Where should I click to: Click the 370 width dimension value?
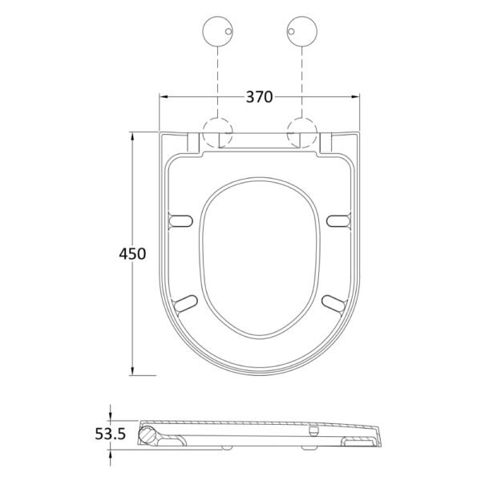(259, 97)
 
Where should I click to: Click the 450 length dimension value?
(132, 254)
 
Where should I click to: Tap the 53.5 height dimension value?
(111, 434)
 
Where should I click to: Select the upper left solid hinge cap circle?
(218, 31)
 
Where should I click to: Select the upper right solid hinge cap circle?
(302, 31)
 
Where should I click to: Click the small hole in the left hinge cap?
(228, 31)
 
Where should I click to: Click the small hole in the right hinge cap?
(292, 31)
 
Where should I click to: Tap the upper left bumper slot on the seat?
(181, 221)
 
